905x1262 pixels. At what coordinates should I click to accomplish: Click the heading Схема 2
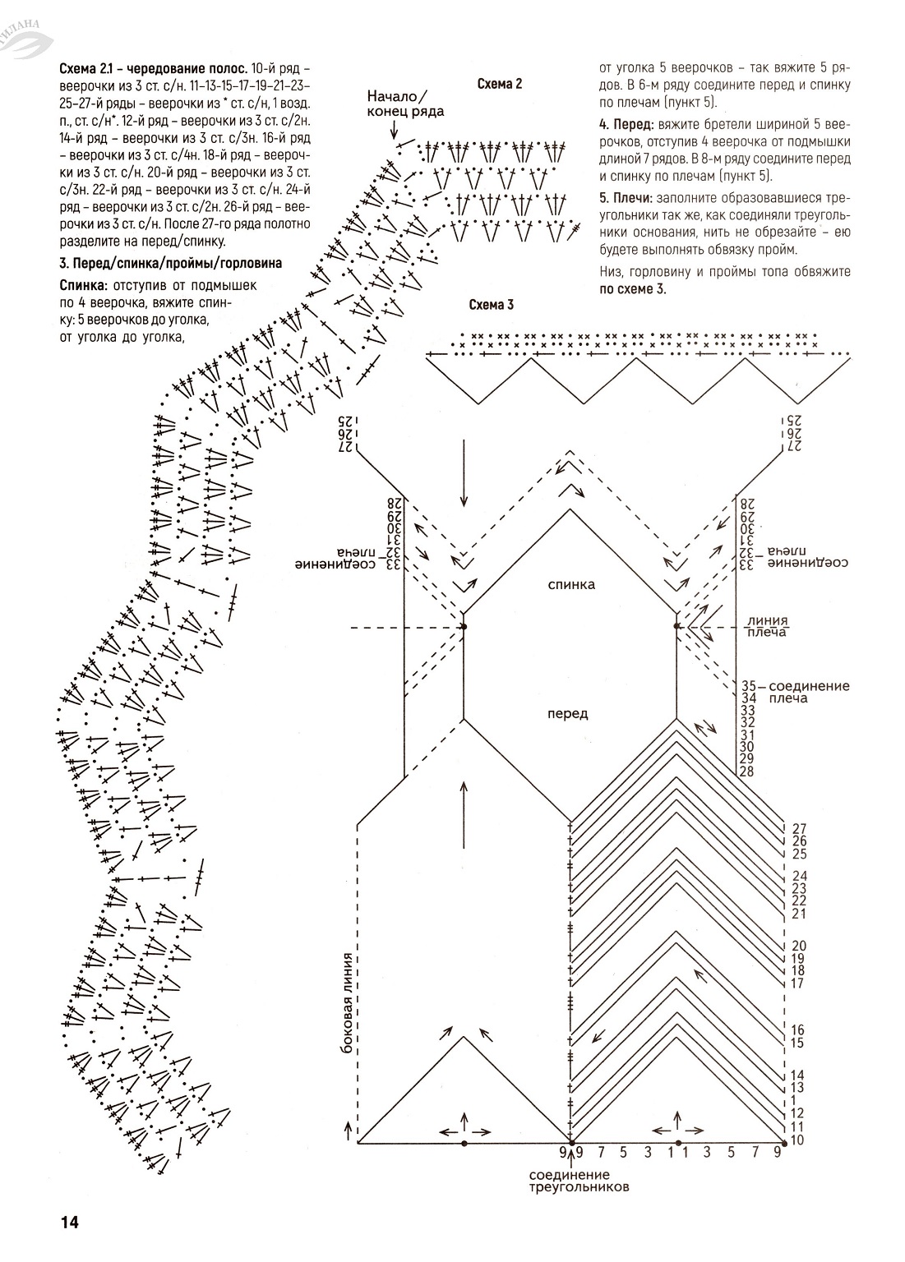pyautogui.click(x=500, y=83)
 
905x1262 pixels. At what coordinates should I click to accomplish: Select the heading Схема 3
pyautogui.click(x=491, y=305)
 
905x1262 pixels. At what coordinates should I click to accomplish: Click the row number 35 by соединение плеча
pyautogui.click(x=748, y=685)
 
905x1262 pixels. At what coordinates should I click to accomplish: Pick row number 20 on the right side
pyautogui.click(x=797, y=946)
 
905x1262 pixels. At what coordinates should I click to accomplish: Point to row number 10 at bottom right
pyautogui.click(x=797, y=1140)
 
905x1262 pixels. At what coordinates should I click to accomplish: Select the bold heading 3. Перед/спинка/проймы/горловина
pyautogui.click(x=170, y=263)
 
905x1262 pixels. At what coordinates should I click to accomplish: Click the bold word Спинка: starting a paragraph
pyautogui.click(x=81, y=285)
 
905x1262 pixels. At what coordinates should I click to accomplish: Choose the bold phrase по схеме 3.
pyautogui.click(x=632, y=288)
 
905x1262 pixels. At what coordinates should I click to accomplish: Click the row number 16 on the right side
pyautogui.click(x=797, y=1029)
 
